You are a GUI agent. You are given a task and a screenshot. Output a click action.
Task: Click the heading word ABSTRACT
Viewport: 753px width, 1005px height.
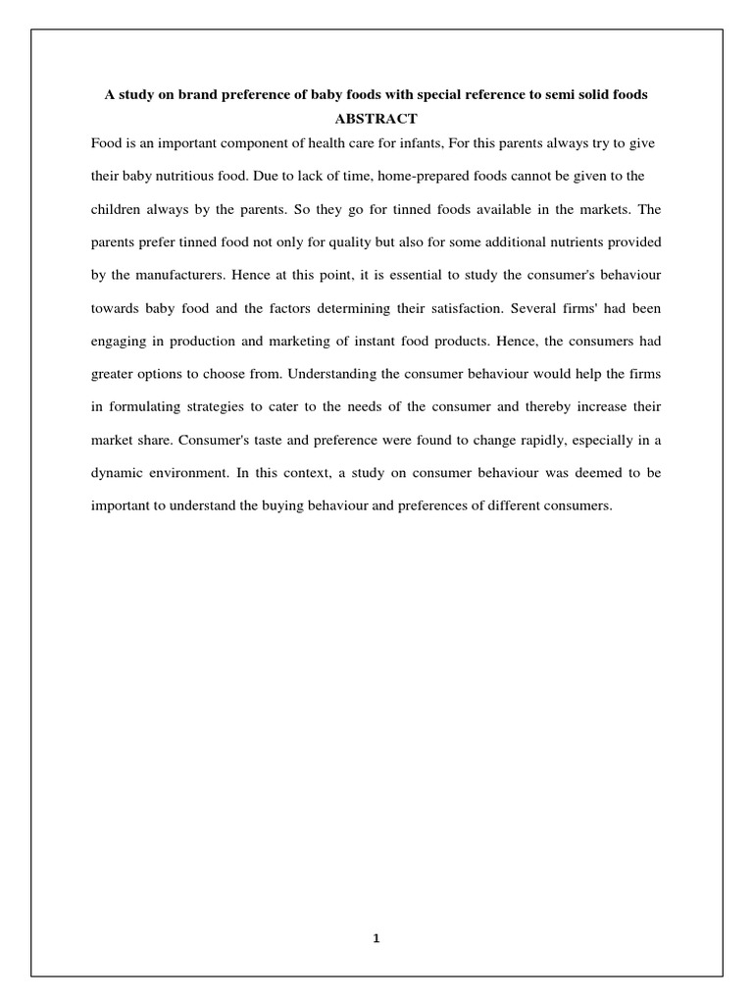pos(376,119)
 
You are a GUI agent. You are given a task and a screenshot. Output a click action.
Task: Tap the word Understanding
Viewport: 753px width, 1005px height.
pos(283,374)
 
